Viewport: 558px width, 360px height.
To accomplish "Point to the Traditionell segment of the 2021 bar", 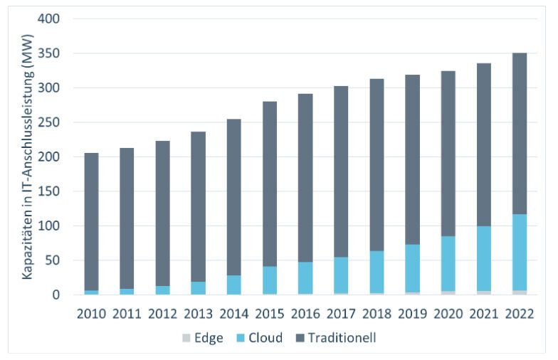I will (484, 155).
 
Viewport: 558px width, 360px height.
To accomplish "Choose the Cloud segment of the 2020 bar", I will (448, 263).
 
